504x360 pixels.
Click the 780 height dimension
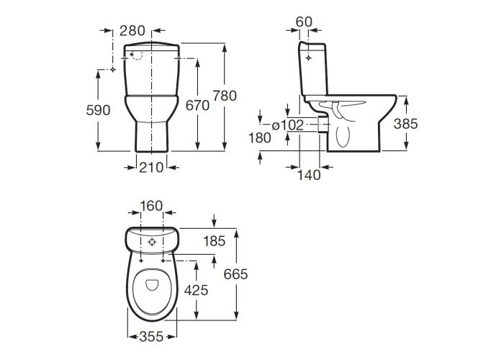[x=225, y=96]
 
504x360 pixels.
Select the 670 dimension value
[x=197, y=105]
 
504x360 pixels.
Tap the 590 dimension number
[x=98, y=110]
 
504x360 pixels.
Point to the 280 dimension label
[x=132, y=31]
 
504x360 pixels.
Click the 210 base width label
[x=151, y=168]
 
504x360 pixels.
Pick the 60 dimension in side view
[x=304, y=22]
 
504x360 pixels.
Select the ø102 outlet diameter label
[x=288, y=125]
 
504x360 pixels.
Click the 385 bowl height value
[x=405, y=124]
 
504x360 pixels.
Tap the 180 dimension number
[x=260, y=138]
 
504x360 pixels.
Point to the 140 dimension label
[x=309, y=175]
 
